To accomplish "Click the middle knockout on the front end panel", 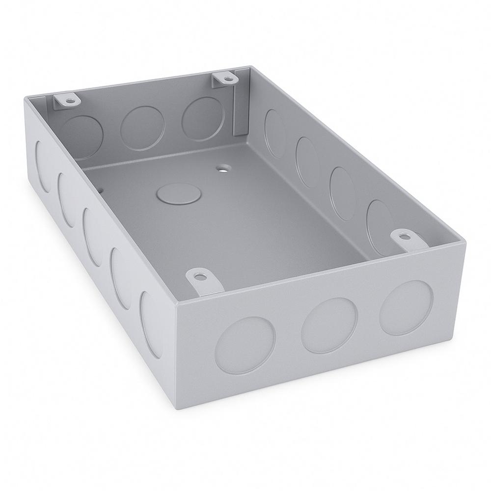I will coord(328,325).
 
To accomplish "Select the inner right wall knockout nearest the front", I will coord(380,222).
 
